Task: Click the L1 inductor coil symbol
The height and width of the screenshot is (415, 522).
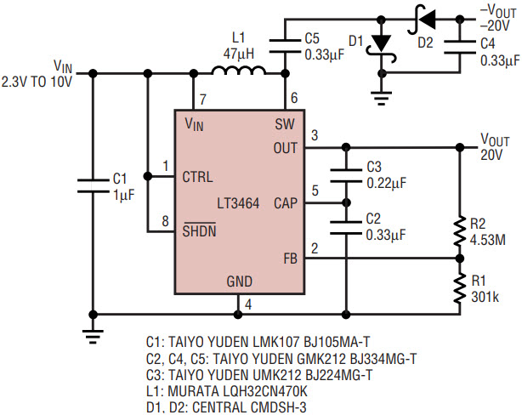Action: point(231,76)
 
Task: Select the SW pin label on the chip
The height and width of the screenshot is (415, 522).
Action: point(285,124)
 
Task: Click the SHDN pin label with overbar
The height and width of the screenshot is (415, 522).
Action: point(201,230)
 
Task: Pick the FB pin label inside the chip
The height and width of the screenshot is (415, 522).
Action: point(288,258)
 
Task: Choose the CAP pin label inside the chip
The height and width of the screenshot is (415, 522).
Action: point(285,203)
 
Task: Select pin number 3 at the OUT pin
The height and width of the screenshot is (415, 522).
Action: point(315,136)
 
